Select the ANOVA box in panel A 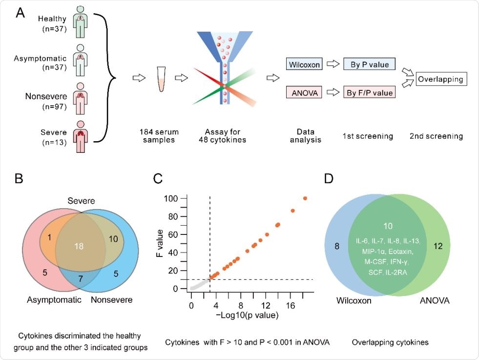303,91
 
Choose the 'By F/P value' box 369,91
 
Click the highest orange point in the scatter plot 305,198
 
